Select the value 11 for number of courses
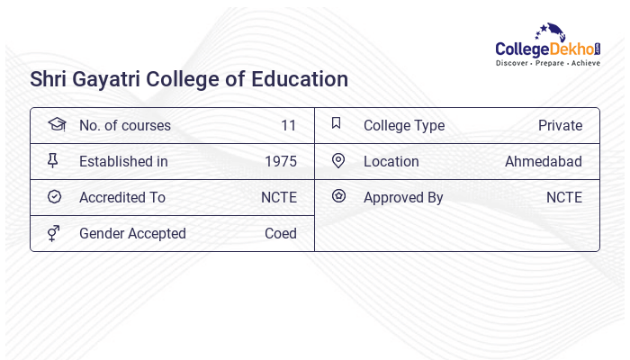(288, 126)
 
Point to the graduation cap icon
(56, 125)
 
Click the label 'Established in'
(123, 162)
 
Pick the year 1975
(280, 162)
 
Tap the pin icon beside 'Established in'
(53, 161)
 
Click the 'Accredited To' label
(122, 198)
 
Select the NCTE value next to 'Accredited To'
(279, 198)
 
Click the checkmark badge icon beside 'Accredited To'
(54, 197)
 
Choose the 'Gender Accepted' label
(132, 234)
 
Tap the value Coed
(280, 234)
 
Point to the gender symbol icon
(54, 233)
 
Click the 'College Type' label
(404, 126)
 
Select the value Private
(560, 126)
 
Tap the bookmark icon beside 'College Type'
(337, 124)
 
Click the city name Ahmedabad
(544, 162)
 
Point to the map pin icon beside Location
(338, 161)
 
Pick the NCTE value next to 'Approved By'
(564, 198)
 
